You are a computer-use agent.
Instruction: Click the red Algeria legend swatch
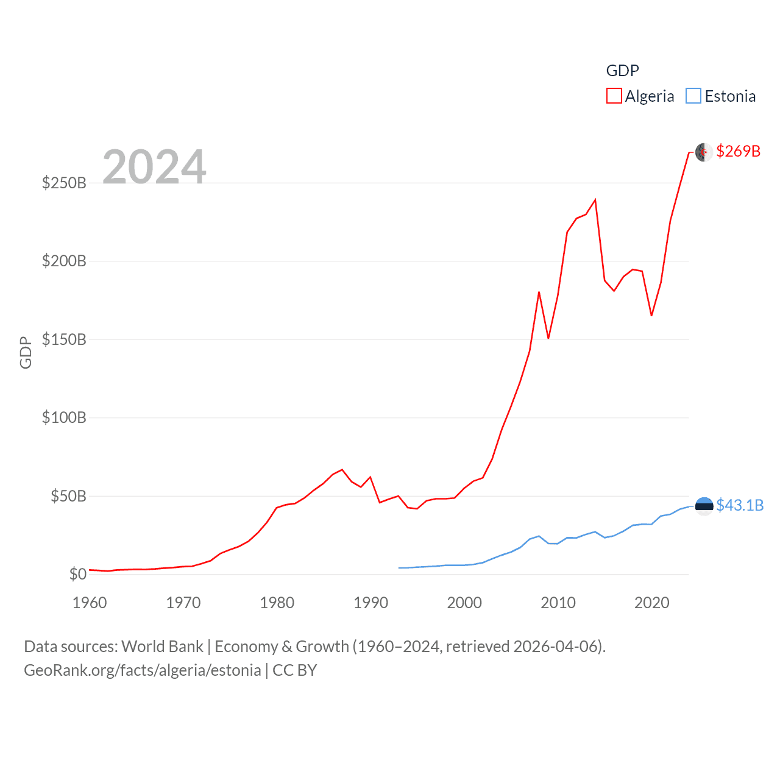pyautogui.click(x=614, y=96)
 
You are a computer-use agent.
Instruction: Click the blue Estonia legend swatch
pyautogui.click(x=693, y=96)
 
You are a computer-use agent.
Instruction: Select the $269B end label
pyautogui.click(x=738, y=151)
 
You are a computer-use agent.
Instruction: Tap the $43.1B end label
pyautogui.click(x=740, y=505)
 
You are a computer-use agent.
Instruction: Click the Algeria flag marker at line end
pyautogui.click(x=704, y=152)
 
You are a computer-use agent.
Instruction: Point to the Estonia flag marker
pyautogui.click(x=704, y=506)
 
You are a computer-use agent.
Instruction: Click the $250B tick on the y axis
pyautogui.click(x=64, y=183)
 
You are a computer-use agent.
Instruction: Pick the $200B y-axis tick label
pyautogui.click(x=64, y=261)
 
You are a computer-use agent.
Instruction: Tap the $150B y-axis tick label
pyautogui.click(x=64, y=339)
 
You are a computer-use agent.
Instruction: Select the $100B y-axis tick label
pyautogui.click(x=64, y=417)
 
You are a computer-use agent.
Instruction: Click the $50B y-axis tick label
pyautogui.click(x=68, y=496)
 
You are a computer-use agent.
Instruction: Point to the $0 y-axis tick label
pyautogui.click(x=77, y=574)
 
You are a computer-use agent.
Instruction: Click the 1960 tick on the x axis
pyautogui.click(x=90, y=603)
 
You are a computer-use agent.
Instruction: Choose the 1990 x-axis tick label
pyautogui.click(x=370, y=603)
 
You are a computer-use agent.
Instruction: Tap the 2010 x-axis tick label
pyautogui.click(x=558, y=603)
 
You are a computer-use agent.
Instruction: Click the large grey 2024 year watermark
pyautogui.click(x=154, y=166)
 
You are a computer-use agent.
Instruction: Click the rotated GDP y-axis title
pyautogui.click(x=26, y=352)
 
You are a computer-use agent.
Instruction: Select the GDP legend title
pyautogui.click(x=622, y=71)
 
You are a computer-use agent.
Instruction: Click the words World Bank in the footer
pyautogui.click(x=162, y=646)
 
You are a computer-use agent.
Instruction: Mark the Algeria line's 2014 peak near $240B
pyautogui.click(x=595, y=199)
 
